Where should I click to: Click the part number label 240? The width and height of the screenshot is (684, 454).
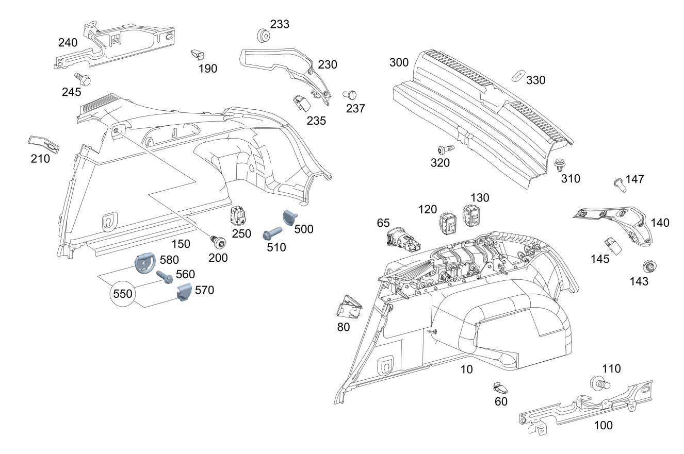(x=68, y=42)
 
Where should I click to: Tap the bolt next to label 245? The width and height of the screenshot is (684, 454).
(x=83, y=79)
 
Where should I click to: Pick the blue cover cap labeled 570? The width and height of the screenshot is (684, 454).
(x=184, y=293)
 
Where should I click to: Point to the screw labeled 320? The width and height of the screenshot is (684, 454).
(x=445, y=149)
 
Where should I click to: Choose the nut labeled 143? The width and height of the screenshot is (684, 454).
(x=648, y=267)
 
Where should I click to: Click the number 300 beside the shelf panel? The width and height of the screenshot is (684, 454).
(x=399, y=63)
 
